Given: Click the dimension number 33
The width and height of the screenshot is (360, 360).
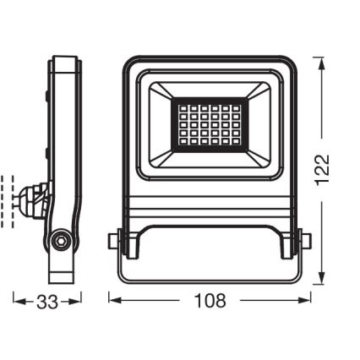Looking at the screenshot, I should coord(48,302).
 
